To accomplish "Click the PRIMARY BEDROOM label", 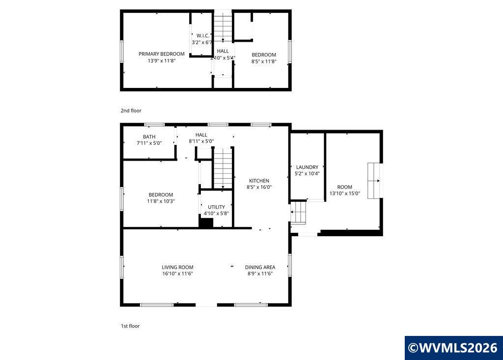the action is [x=161, y=54].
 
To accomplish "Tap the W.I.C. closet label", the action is [x=203, y=36].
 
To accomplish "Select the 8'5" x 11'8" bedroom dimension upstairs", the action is [x=264, y=61].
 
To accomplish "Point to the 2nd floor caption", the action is [x=131, y=111].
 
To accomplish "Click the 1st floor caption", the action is [x=130, y=326].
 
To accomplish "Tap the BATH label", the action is [x=149, y=137].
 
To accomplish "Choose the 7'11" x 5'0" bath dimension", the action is [x=149, y=143].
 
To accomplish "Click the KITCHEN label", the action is [x=259, y=181].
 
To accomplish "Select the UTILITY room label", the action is [x=216, y=207].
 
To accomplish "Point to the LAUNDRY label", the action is [x=307, y=167].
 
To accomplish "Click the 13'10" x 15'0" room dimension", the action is [x=345, y=194].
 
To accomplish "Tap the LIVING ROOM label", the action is [x=177, y=267].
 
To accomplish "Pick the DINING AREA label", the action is [x=260, y=267].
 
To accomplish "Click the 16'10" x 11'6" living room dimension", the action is [x=177, y=274].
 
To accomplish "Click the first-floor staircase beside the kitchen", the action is [x=223, y=168].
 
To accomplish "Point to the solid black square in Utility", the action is [x=206, y=223].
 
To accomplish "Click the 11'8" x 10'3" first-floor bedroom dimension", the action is [x=161, y=201].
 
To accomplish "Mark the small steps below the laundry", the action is [x=298, y=212].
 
